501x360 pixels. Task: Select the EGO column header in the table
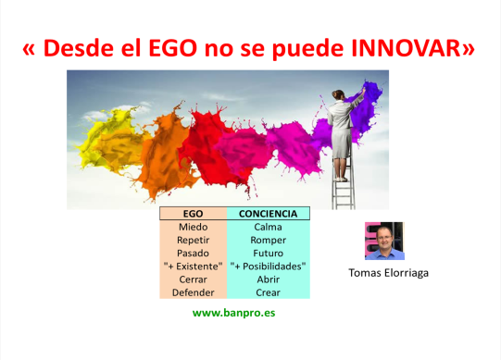click(193, 213)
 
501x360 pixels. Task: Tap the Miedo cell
click(193, 226)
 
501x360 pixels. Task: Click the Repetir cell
click(193, 239)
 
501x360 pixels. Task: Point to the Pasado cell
click(193, 252)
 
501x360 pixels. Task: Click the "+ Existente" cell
click(193, 266)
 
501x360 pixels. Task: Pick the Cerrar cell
click(193, 279)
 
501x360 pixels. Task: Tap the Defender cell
click(193, 292)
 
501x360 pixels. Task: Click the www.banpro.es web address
click(233, 313)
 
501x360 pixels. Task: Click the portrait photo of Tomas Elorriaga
click(384, 241)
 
